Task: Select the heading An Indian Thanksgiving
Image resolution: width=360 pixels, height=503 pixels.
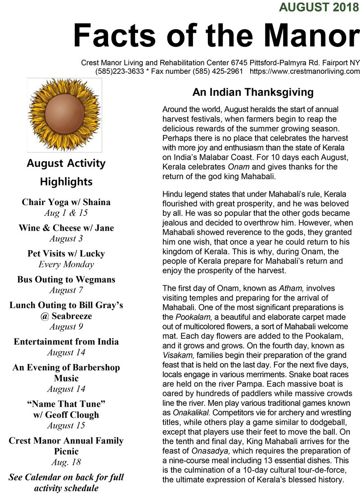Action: (x=253, y=92)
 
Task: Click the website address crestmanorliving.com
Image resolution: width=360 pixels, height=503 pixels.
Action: (x=305, y=71)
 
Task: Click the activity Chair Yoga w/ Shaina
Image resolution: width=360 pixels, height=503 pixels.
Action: (x=66, y=202)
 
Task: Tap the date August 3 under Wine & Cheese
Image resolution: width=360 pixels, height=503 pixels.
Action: (x=66, y=238)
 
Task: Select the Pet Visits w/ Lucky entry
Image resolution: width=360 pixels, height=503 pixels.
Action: (x=66, y=253)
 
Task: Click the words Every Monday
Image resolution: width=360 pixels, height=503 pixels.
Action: (x=66, y=264)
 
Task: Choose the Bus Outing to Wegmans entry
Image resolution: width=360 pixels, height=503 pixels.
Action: (x=66, y=279)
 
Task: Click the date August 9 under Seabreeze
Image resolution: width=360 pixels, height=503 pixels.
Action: (x=66, y=327)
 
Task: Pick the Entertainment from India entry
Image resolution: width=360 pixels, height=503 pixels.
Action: (x=66, y=341)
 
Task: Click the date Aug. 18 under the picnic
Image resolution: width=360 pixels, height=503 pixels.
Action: (x=66, y=462)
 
